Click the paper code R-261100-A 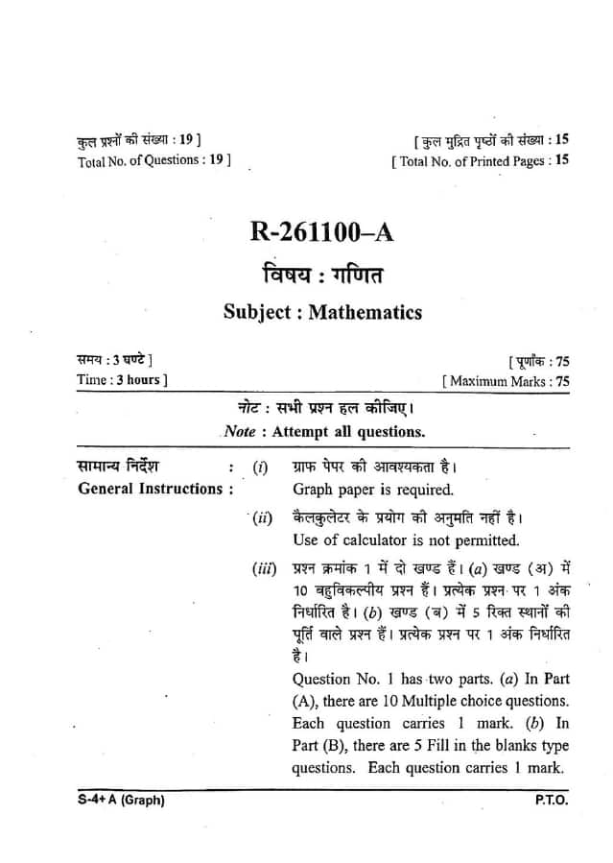[322, 233]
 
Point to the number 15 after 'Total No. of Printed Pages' [561, 160]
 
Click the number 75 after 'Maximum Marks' [562, 381]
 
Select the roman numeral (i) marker [260, 467]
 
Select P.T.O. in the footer [552, 801]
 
